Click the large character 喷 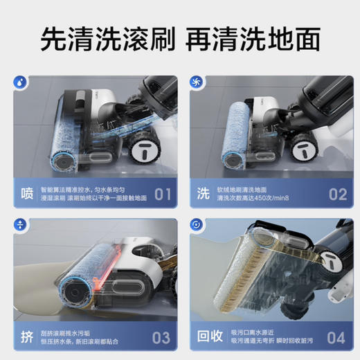(26, 192)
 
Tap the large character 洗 (203, 192)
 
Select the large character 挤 (26, 336)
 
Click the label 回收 (211, 336)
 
